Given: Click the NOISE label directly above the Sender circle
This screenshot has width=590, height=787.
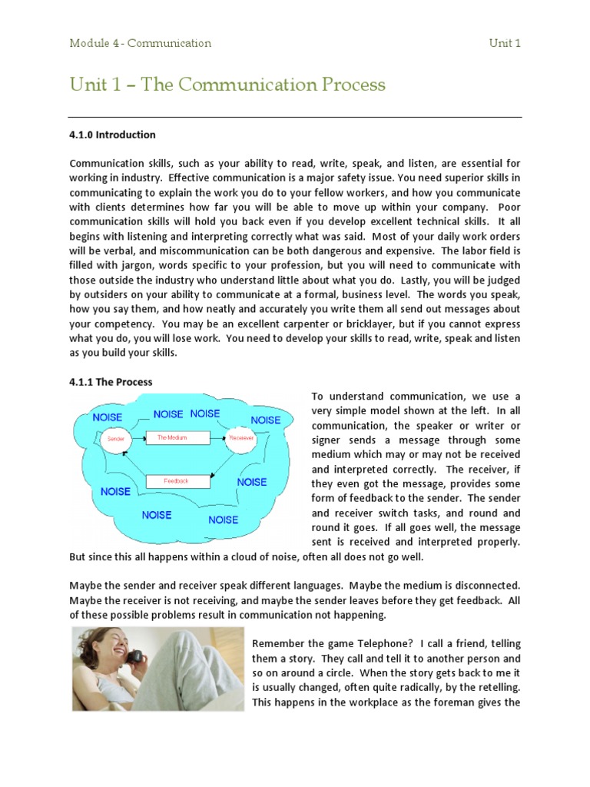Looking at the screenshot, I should [x=108, y=417].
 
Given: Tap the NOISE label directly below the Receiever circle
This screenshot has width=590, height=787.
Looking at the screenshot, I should [x=251, y=482].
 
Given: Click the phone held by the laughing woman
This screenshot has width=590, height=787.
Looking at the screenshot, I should [x=135, y=656].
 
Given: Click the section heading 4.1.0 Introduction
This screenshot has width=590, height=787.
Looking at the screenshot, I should [x=112, y=134].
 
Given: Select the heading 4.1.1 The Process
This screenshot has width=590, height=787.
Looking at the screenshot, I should [x=111, y=382].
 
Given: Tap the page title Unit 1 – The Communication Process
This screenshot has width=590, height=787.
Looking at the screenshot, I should [x=227, y=84].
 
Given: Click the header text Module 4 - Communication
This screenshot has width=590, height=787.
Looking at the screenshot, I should [x=140, y=43].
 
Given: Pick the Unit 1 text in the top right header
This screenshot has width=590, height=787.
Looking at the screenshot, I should [x=505, y=43].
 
